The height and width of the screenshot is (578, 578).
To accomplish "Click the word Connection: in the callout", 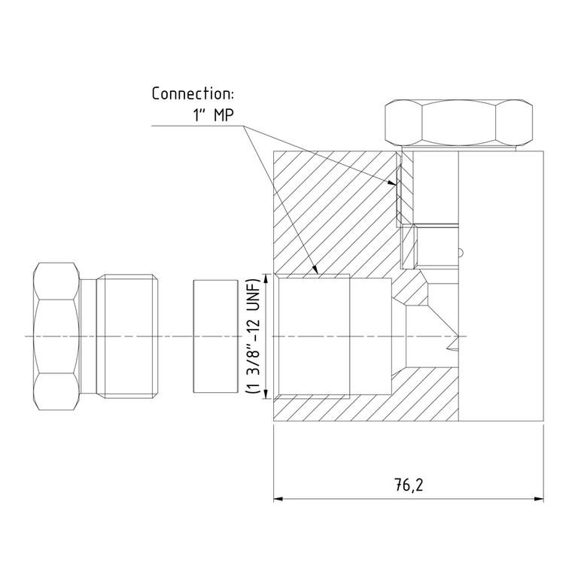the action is coord(193,93).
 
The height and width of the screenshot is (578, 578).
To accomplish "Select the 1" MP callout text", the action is coord(214,115).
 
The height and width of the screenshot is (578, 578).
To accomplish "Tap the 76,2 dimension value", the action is coord(409,485).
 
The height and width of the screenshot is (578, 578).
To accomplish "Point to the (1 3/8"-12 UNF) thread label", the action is coord(253,336).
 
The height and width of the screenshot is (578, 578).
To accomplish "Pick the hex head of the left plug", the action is coord(56,336).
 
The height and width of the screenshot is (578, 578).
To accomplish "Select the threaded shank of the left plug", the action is coord(127,336).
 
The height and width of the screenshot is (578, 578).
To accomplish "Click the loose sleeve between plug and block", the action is coord(216,336).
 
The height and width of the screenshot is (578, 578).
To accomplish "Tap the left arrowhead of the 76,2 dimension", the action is coord(278,499).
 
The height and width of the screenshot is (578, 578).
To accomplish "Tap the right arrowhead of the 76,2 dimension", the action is coord(540,499).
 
